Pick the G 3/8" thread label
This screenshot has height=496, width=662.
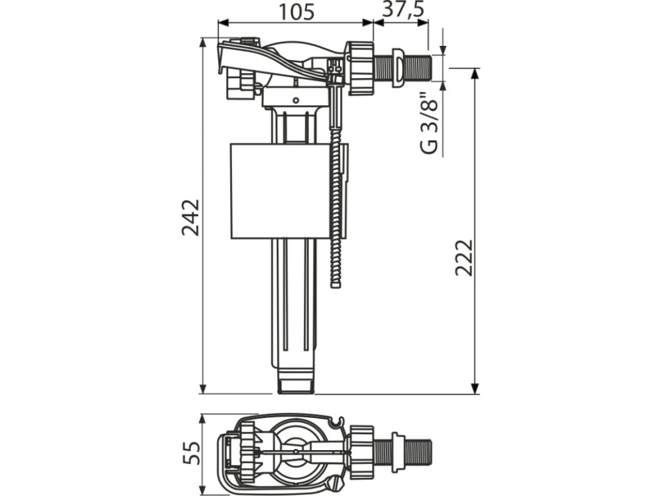click(x=429, y=127)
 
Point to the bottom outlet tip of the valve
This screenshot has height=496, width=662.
click(x=295, y=386)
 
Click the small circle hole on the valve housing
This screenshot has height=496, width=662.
click(x=296, y=100)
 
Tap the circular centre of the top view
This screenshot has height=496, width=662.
click(x=296, y=451)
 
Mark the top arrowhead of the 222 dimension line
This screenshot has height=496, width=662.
click(x=475, y=72)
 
